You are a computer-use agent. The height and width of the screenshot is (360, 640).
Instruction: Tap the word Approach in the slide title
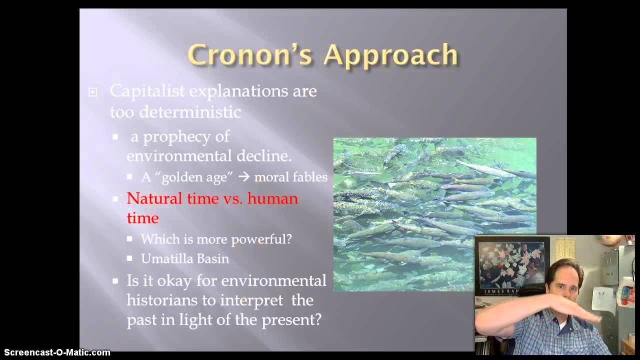390,55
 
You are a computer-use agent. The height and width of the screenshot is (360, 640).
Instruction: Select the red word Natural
154,198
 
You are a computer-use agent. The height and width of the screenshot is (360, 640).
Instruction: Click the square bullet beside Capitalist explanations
92,92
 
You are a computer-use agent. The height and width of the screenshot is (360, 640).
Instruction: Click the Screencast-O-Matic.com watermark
57,352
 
